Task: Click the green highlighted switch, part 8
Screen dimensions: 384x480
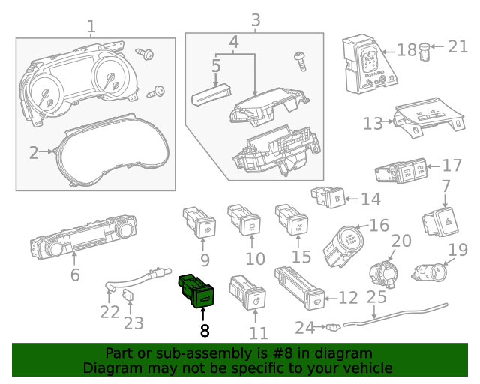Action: pyautogui.click(x=196, y=292)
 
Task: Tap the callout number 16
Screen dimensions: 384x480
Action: pyautogui.click(x=379, y=225)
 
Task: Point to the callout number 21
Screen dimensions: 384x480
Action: pyautogui.click(x=457, y=46)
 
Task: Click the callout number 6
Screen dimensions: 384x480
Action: pyautogui.click(x=75, y=274)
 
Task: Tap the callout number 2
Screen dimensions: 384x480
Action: pyautogui.click(x=34, y=153)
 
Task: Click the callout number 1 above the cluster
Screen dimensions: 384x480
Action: pyautogui.click(x=91, y=27)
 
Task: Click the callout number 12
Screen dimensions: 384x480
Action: pyautogui.click(x=348, y=298)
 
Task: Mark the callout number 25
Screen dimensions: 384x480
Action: pyautogui.click(x=376, y=297)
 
